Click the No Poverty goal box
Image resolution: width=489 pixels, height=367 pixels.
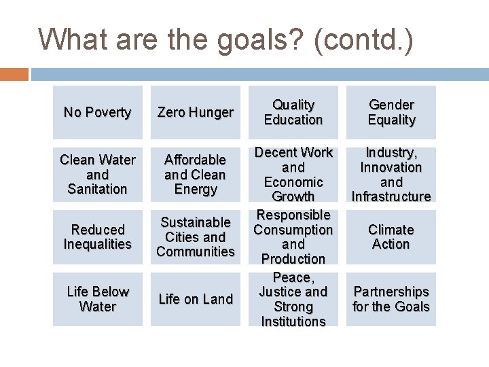pos(97,112)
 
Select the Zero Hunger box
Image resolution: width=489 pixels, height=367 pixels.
pos(195,112)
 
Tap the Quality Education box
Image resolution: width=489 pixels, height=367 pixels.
pos(293,112)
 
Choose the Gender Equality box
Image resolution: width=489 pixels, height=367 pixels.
pos(391,112)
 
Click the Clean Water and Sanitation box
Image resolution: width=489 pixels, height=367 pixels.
pos(97,174)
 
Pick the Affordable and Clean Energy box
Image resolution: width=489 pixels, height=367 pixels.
pos(195,174)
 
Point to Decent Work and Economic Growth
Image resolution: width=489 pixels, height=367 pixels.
pos(293,174)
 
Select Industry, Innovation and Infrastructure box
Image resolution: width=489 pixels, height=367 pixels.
pos(391,174)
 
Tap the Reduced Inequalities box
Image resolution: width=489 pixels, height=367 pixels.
pos(97,237)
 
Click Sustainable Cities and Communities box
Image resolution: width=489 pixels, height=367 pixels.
pos(195,237)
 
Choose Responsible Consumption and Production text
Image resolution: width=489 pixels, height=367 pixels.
pos(293,237)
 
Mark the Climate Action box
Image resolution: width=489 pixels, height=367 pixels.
pos(391,237)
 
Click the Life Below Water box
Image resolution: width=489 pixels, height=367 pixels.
pos(97,299)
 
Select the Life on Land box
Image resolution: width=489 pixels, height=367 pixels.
pos(195,299)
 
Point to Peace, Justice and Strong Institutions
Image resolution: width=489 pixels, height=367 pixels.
pos(293,299)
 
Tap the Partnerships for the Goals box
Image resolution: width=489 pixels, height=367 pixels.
pos(391,299)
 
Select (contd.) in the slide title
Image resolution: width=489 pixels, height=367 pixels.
pos(363,39)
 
